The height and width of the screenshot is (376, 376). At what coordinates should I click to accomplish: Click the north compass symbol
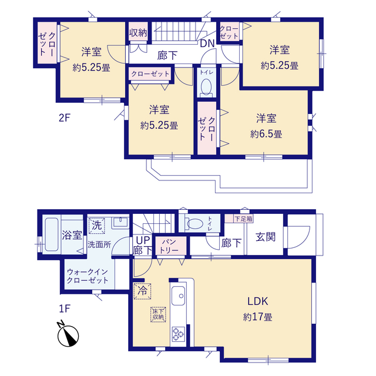click(x=68, y=335)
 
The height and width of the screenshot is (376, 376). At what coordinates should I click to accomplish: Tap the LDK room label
click(x=258, y=301)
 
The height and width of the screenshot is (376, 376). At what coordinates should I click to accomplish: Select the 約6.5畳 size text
click(x=266, y=134)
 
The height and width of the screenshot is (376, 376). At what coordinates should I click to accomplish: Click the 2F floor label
click(x=64, y=117)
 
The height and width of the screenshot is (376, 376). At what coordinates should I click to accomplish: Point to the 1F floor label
click(x=64, y=308)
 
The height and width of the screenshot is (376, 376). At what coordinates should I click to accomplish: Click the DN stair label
click(x=207, y=43)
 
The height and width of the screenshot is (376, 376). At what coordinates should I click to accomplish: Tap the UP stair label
click(x=143, y=240)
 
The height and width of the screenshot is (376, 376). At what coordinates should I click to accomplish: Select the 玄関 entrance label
click(x=266, y=237)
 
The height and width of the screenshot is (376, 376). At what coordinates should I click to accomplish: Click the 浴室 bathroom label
click(x=72, y=235)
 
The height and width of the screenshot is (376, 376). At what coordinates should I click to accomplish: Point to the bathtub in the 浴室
click(x=52, y=234)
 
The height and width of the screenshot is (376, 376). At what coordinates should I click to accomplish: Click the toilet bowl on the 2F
click(x=206, y=86)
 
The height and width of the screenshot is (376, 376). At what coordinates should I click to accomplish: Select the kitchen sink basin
click(x=178, y=296)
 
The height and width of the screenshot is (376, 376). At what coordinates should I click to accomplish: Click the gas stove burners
click(x=178, y=334)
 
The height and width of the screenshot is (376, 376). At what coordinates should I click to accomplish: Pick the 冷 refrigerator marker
click(x=142, y=291)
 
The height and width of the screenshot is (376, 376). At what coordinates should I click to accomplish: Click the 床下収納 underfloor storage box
click(x=158, y=314)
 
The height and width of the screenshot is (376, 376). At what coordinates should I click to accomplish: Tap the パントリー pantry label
click(x=169, y=246)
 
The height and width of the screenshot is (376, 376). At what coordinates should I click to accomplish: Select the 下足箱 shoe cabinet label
click(x=243, y=219)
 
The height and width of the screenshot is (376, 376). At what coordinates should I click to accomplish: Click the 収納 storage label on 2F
click(x=138, y=33)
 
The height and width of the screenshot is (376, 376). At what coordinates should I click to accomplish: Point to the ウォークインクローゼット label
click(x=88, y=276)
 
